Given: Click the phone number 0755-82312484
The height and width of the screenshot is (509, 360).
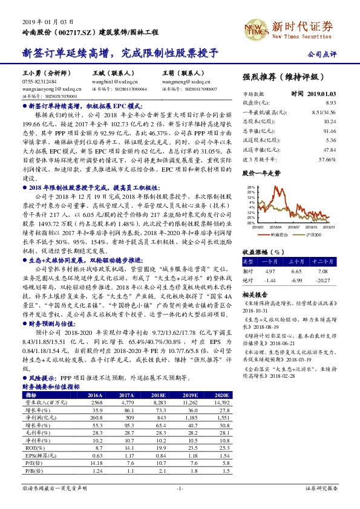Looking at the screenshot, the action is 39,82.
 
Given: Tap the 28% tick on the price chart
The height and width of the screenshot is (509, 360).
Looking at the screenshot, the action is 251,188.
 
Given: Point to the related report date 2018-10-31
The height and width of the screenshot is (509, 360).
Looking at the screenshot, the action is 255,310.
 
